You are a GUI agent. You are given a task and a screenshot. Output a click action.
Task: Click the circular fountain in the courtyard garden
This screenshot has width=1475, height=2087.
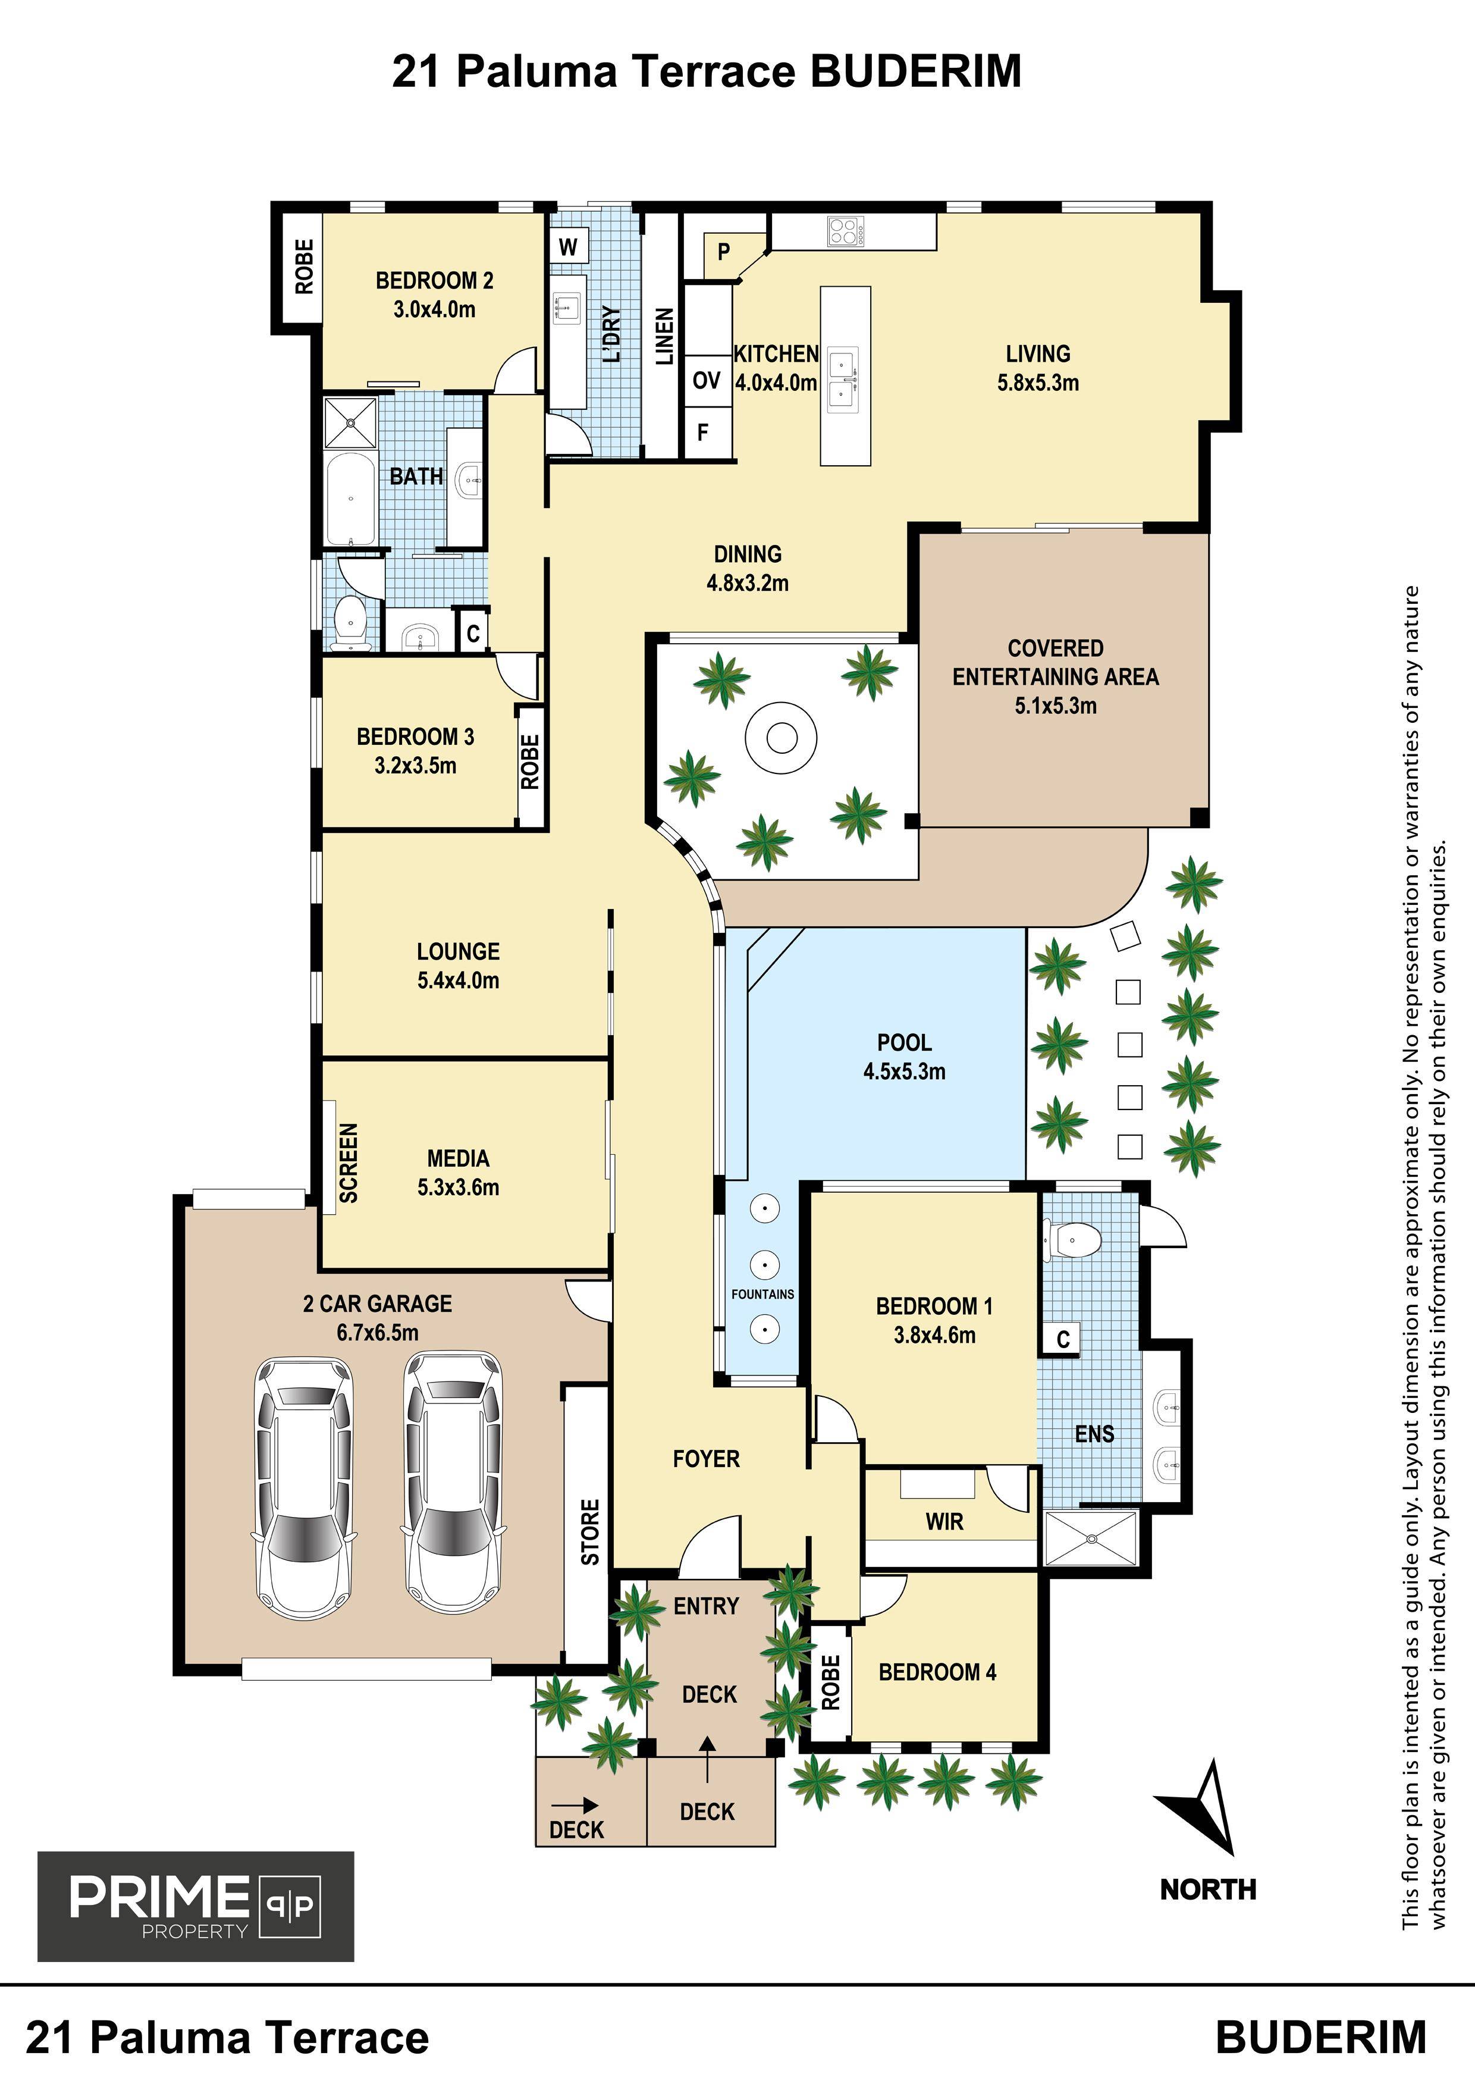pos(781,737)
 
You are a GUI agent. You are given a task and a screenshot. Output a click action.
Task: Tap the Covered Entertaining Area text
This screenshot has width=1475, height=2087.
pos(1055,676)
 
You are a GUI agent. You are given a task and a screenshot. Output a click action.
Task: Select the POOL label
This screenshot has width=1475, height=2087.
pos(904,1042)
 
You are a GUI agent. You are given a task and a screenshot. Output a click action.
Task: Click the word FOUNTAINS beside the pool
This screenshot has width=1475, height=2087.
pos(762,1293)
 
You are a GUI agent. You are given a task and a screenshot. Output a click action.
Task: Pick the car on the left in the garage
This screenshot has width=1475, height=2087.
pos(303,1488)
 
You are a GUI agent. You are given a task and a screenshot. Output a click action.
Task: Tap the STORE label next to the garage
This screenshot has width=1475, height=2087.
pos(591,1533)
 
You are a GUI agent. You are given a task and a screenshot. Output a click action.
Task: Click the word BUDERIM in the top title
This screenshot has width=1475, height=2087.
pos(915,71)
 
